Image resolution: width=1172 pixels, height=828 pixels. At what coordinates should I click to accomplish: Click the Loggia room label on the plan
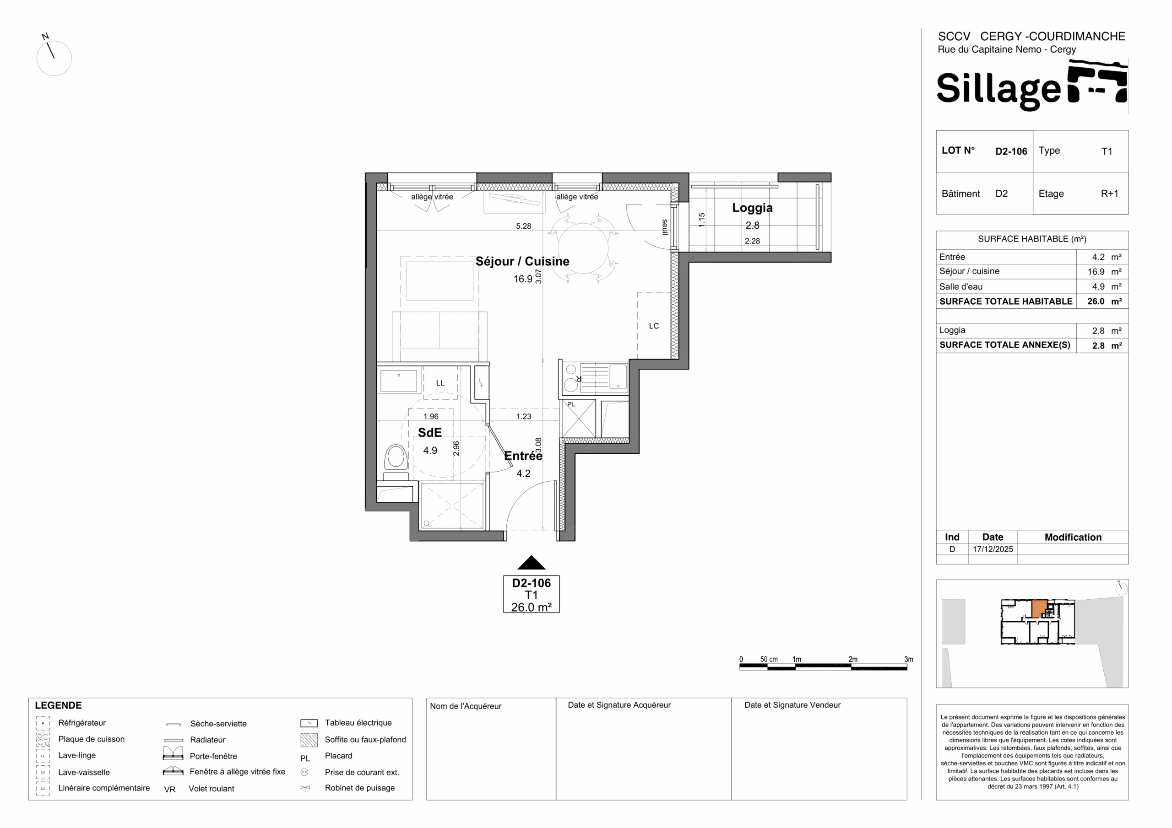[752, 208]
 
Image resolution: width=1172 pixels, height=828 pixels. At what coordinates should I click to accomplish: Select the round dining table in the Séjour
[583, 248]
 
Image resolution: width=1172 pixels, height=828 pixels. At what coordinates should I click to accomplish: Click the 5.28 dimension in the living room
[523, 226]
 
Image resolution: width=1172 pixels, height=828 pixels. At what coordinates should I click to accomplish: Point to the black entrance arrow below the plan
[532, 562]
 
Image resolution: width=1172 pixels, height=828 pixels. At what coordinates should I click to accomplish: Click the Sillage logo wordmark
[998, 89]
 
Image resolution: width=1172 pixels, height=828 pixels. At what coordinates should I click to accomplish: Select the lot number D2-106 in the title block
[1011, 151]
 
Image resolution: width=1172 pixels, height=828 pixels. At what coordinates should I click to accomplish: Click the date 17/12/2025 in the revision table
[993, 549]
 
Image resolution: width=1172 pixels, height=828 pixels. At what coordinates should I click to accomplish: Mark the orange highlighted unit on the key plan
[1039, 608]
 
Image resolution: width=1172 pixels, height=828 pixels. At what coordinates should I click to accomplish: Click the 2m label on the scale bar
[853, 659]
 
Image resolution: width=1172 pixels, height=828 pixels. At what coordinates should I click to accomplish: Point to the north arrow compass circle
[54, 58]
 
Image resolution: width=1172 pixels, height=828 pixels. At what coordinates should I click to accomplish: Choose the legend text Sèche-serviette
[218, 723]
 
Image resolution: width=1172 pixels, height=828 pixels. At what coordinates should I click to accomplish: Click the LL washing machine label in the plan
[440, 382]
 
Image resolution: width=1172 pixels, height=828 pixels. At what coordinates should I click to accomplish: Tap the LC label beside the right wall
[654, 326]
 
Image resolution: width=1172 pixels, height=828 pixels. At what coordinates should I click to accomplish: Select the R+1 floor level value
[1109, 194]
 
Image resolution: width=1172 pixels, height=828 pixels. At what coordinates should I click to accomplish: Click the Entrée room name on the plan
[523, 456]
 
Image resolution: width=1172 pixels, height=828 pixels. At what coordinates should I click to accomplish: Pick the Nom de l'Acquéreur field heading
[466, 706]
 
